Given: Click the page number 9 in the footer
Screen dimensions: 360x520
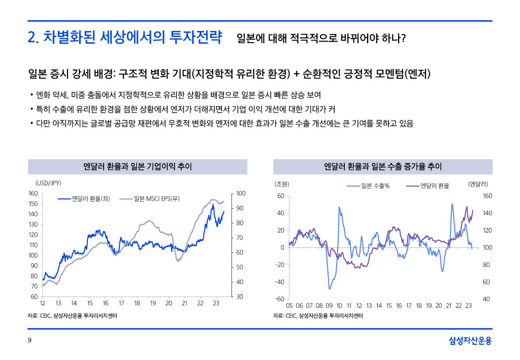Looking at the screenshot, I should click(29, 341).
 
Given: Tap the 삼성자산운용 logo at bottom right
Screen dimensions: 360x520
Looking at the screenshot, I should click(470, 341).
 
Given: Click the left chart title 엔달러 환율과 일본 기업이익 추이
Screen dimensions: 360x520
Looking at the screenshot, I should click(137, 167).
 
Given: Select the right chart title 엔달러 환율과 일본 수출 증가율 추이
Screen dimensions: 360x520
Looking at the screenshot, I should click(383, 167).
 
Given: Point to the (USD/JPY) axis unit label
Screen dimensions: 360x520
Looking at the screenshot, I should click(48, 183).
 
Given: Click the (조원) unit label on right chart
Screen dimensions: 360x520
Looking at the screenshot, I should click(281, 183).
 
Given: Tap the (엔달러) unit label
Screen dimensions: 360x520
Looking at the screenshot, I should click(478, 183).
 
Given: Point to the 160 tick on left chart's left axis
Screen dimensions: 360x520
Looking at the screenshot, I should click(33, 193).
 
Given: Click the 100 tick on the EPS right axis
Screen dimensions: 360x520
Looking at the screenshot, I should click(241, 193).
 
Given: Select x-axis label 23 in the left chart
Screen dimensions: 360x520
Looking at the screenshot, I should click(216, 303).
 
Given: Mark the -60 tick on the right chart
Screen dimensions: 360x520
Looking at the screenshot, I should click(279, 299).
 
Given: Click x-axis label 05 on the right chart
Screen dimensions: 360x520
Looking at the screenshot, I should click(289, 306).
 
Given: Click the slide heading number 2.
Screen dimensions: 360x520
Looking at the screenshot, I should click(32, 38).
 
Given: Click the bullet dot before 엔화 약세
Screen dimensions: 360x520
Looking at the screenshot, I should click(31, 95).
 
